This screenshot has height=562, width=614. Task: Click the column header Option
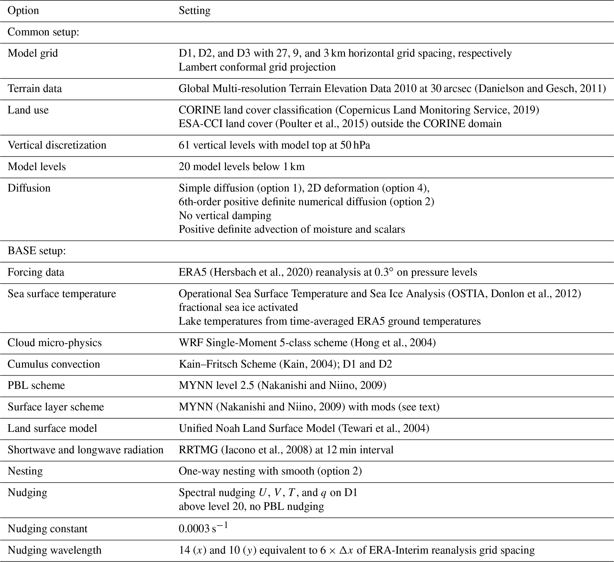(x=23, y=11)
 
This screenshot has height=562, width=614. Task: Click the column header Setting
(x=194, y=11)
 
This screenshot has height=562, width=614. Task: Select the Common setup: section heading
(x=43, y=32)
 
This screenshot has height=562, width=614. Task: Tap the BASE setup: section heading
(x=37, y=251)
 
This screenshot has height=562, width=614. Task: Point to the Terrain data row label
(x=35, y=88)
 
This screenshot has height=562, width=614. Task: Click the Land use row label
(x=28, y=110)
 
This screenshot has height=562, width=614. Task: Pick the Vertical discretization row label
(x=57, y=145)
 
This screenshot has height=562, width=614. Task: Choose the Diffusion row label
(x=29, y=188)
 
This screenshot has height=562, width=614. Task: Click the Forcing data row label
(x=36, y=272)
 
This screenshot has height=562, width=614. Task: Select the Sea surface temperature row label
(x=62, y=294)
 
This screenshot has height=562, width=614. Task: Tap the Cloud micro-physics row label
(x=55, y=343)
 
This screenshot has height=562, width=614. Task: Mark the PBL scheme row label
(x=36, y=385)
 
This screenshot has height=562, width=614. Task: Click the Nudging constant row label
(x=48, y=529)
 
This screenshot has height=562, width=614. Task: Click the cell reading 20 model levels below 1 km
(x=242, y=167)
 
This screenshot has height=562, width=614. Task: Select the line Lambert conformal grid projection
(x=257, y=67)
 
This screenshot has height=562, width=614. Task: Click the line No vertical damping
(x=225, y=216)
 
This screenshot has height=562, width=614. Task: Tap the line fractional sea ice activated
(x=238, y=308)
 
